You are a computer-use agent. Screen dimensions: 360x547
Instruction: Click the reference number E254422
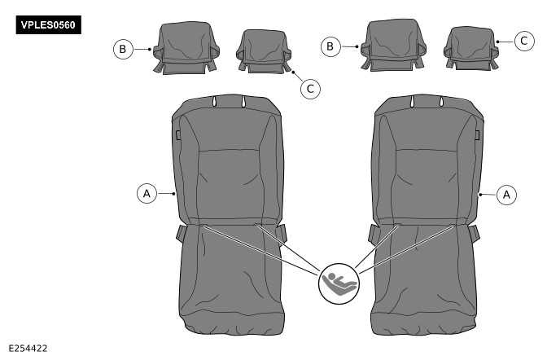[x=28, y=348]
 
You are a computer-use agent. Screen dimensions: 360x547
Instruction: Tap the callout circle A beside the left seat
[x=147, y=194]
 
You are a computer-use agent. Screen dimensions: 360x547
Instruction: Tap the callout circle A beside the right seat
[x=506, y=195]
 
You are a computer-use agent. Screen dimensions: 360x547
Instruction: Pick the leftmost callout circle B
[x=122, y=49]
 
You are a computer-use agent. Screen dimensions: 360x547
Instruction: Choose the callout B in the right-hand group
[x=330, y=46]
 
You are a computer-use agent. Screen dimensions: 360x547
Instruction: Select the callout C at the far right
[x=525, y=39]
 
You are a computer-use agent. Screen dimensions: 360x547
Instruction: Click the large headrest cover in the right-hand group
[x=394, y=46]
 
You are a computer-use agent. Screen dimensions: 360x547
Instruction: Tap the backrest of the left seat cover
[x=227, y=163]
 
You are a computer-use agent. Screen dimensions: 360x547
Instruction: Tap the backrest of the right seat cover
[x=423, y=163]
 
